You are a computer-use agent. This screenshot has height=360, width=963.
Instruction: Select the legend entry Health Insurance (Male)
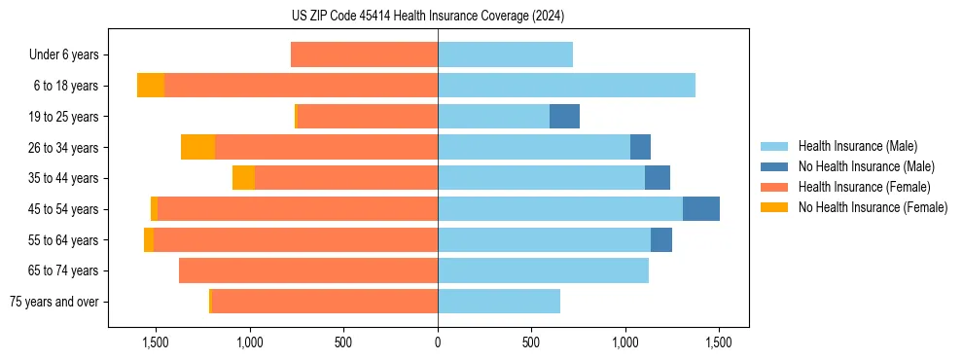coord(857,146)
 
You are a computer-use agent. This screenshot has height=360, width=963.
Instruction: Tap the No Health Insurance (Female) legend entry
coord(873,207)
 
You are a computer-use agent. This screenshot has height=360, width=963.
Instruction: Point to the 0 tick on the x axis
coord(438,343)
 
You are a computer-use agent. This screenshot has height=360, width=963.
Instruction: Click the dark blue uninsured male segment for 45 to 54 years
coord(701,209)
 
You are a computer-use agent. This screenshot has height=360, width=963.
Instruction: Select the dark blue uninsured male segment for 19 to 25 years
coord(564,117)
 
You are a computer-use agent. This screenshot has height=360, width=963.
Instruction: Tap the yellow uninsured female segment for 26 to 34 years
coord(197,148)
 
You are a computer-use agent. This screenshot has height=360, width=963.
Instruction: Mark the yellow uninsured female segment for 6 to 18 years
coord(151,86)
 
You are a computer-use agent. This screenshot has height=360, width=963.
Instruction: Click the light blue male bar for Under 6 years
coord(505,55)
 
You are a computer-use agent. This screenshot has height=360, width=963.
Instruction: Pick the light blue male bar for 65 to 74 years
coord(543,270)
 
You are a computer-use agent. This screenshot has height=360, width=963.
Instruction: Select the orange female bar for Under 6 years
coord(364,55)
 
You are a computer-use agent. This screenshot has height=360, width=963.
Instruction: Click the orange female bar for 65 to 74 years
coord(308,270)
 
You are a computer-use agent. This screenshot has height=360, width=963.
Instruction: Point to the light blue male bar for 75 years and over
coord(499,302)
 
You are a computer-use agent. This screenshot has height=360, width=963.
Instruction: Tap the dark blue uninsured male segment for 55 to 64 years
coord(661,240)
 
